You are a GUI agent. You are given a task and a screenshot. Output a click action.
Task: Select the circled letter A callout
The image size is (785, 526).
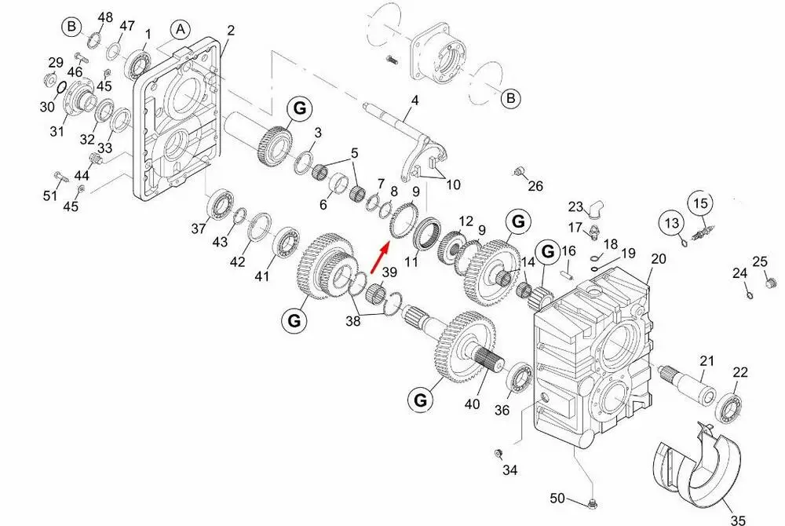pos(181,30)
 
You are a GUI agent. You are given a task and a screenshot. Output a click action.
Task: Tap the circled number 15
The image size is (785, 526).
pos(700,203)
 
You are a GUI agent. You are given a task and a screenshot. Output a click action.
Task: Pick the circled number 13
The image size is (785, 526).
pos(672,223)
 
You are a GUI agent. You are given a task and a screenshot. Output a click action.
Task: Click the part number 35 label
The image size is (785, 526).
pos(738,518)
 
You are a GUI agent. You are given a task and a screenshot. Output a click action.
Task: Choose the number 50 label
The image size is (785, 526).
pos(557,498)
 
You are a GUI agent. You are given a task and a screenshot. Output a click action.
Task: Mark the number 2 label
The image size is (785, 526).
pos(231,31)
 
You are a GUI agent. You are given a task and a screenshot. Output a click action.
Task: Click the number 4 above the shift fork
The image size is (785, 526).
pos(414,100)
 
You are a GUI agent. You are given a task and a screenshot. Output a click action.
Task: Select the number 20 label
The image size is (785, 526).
pos(658,259)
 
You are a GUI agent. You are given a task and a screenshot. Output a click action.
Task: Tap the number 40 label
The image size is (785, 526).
pos(472,404)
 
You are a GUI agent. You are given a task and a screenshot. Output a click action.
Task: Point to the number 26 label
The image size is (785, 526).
pos(535,186)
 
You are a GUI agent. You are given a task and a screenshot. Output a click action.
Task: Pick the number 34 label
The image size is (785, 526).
pos(510,470)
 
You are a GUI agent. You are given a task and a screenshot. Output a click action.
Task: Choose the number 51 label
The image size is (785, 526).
pos(50,195)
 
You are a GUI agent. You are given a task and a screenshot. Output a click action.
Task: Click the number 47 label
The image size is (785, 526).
pos(126,26)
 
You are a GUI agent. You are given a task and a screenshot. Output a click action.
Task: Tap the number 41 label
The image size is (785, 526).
pos(261,276)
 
